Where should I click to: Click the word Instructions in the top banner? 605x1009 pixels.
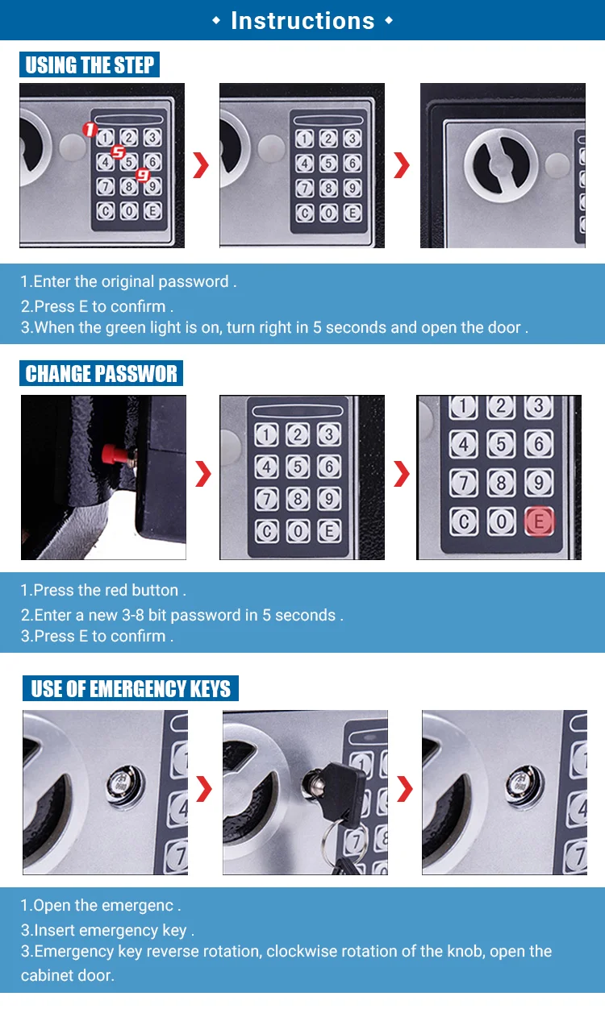coord(302,21)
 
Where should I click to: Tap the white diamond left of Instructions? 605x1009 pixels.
coord(216,20)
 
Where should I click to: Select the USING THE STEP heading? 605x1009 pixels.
coord(90,64)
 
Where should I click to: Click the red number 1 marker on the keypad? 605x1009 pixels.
coord(90,130)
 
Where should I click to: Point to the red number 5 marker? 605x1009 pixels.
coord(118,152)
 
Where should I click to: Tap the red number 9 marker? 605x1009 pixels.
coord(143,174)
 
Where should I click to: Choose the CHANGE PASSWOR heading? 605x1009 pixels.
coord(101,373)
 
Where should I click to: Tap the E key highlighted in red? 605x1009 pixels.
coord(538,521)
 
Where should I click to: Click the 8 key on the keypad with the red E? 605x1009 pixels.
coord(501,483)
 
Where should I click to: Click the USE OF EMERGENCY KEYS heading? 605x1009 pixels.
coord(131,687)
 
